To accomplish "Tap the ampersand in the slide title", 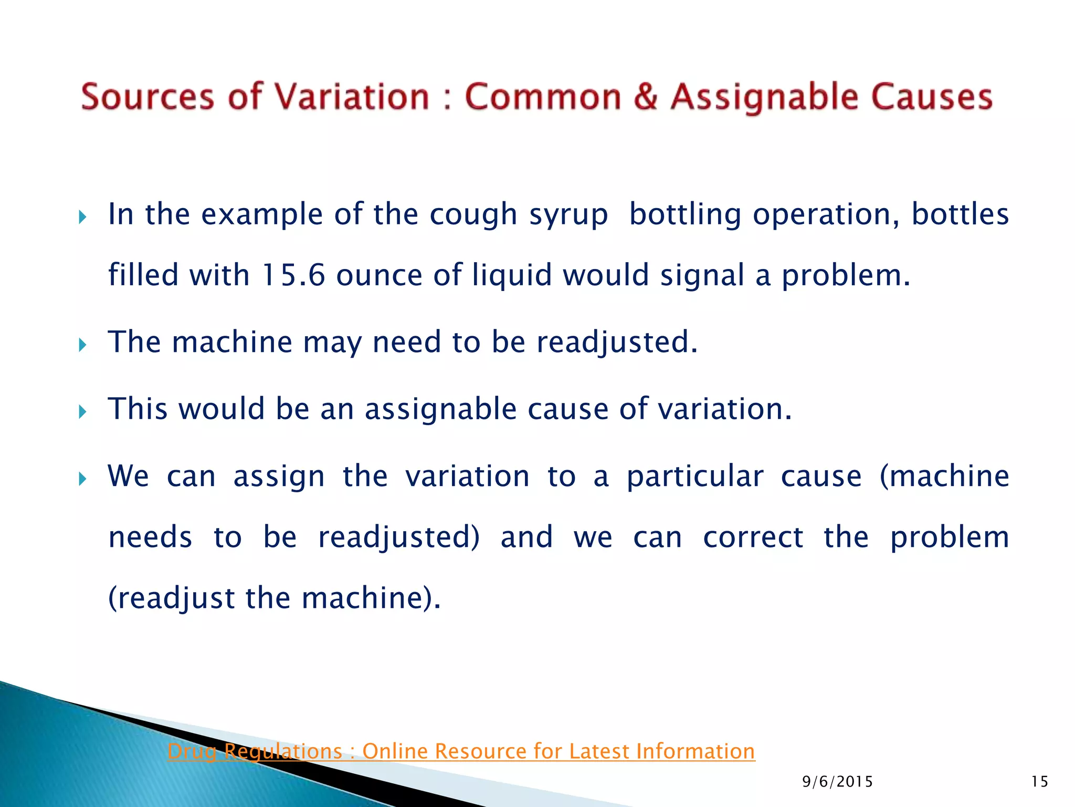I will (x=645, y=97).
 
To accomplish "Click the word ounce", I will (x=379, y=275).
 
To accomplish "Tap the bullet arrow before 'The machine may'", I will (x=82, y=345).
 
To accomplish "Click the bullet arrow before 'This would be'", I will (x=82, y=411).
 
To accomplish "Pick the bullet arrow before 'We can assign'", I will (x=82, y=478).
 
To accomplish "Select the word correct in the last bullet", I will (x=753, y=537).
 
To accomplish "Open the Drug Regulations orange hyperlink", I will (x=461, y=751).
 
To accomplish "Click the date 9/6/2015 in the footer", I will (x=837, y=782).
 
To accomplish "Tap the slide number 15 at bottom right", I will (x=1039, y=782).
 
